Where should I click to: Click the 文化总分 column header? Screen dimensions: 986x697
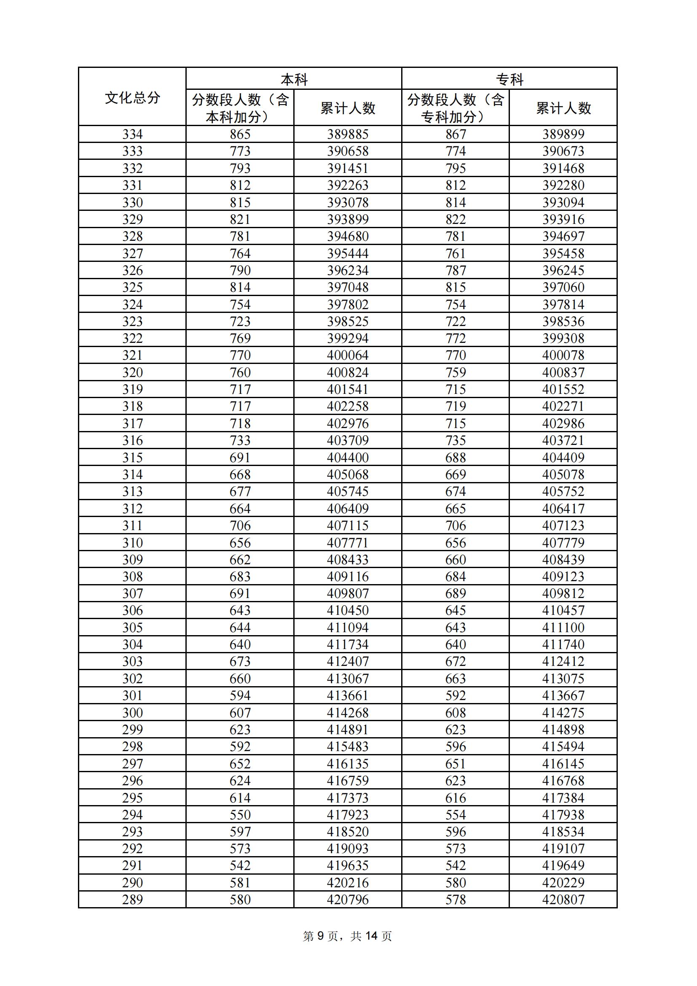[132, 97]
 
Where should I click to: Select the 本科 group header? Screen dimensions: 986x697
[294, 79]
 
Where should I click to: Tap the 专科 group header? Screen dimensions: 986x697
[509, 79]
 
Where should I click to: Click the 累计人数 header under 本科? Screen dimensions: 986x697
[348, 108]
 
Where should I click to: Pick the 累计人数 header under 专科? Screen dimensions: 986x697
[563, 108]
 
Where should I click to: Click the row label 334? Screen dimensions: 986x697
[132, 135]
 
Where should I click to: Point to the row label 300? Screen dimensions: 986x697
[132, 713]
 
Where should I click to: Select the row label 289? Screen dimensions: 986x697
[132, 900]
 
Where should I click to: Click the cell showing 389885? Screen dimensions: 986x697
[348, 135]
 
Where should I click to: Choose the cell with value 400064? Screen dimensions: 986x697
[348, 356]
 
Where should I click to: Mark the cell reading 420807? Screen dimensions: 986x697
[563, 900]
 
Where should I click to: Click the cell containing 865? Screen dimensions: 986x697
[240, 135]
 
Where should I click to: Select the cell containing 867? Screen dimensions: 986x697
[456, 135]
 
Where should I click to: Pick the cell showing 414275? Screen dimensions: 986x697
[563, 713]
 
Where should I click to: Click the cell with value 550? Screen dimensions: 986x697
[240, 815]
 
